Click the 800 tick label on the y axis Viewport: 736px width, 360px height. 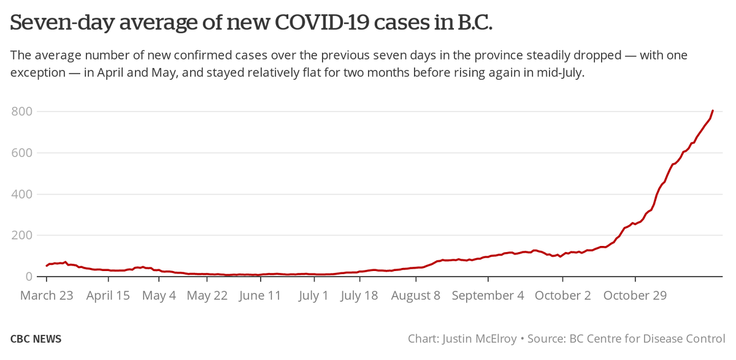point(21,112)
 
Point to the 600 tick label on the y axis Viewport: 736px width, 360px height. point(21,153)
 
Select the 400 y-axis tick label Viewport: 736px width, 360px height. point(21,194)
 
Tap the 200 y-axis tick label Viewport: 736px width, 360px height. point(21,236)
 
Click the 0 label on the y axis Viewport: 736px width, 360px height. point(28,277)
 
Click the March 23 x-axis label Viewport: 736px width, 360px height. point(47,296)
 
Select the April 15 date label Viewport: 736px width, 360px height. point(108,296)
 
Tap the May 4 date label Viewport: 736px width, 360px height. point(159,296)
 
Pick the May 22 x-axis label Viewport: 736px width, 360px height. point(207,296)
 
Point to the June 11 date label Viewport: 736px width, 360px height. point(260,296)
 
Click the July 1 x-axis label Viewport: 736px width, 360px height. point(313,296)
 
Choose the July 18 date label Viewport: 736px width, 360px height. point(360,296)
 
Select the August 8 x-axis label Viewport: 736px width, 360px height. point(415,296)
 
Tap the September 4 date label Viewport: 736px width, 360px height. point(488,296)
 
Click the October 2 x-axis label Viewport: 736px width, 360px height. point(563,296)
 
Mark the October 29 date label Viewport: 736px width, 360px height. point(635,296)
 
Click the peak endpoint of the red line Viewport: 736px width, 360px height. point(713,110)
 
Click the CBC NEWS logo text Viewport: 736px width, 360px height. point(36,339)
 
